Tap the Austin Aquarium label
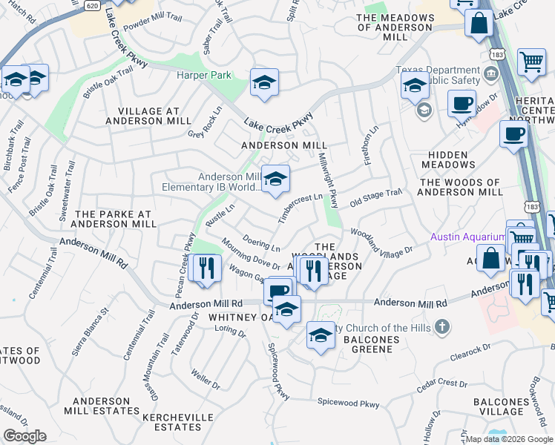click(467, 237)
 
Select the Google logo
click(24, 436)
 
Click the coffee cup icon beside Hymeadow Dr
click(462, 103)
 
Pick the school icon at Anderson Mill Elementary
click(275, 179)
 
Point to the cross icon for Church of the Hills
click(441, 327)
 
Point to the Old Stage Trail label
click(375, 197)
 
